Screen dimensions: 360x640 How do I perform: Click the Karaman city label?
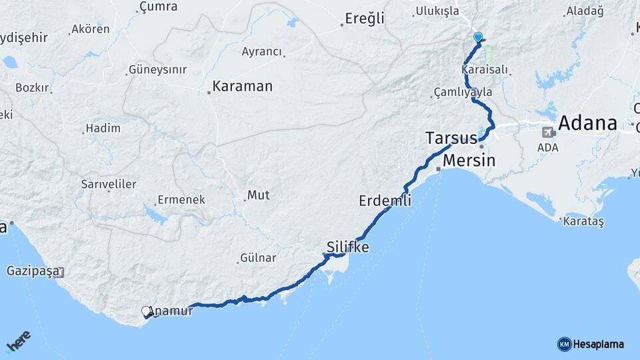pyautogui.click(x=243, y=87)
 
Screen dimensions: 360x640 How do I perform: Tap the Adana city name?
pyautogui.click(x=587, y=123)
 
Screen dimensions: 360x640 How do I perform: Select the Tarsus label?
pyautogui.click(x=451, y=139)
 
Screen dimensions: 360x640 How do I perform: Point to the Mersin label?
pyautogui.click(x=469, y=161)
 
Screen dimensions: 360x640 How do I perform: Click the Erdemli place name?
pyautogui.click(x=385, y=200)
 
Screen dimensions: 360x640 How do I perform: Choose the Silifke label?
pyautogui.click(x=347, y=247)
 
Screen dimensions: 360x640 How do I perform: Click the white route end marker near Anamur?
pyautogui.click(x=146, y=311)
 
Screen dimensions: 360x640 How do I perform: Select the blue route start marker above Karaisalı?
pyautogui.click(x=477, y=37)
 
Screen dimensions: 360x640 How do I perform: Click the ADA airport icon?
pyautogui.click(x=549, y=132)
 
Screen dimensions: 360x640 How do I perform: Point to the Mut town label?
pyautogui.click(x=259, y=195)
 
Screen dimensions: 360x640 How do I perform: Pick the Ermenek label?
pyautogui.click(x=181, y=200)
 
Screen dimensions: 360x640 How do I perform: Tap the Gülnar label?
pyautogui.click(x=258, y=257)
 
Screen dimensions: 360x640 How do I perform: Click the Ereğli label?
pyautogui.click(x=365, y=19)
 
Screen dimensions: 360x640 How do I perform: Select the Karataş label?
pyautogui.click(x=583, y=222)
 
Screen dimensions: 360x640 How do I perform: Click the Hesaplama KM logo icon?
pyautogui.click(x=565, y=344)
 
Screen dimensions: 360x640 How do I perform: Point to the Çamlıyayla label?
pyautogui.click(x=463, y=92)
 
